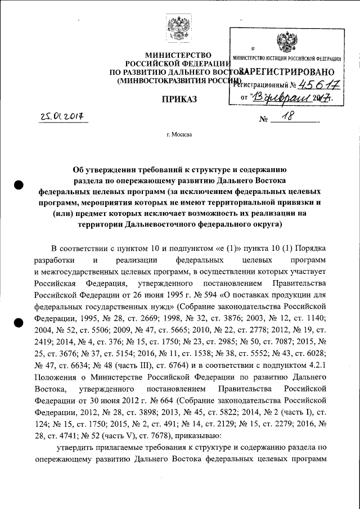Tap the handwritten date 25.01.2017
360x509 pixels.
pyautogui.click(x=66, y=117)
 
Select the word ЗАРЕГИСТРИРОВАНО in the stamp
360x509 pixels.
pyautogui.click(x=287, y=71)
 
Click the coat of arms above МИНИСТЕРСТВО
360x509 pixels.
pyautogui.click(x=181, y=28)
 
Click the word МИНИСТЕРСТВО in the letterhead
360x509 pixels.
pyautogui.click(x=178, y=55)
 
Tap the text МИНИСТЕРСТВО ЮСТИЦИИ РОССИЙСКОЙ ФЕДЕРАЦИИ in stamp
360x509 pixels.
pyautogui.click(x=287, y=59)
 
